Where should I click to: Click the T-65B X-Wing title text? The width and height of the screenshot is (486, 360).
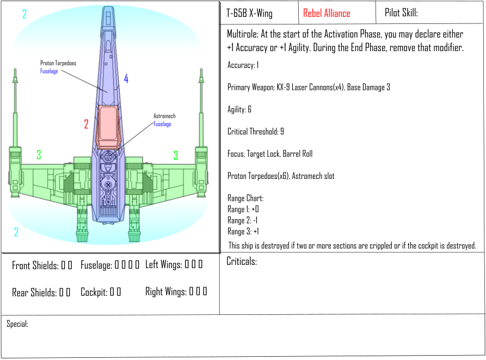point(249,14)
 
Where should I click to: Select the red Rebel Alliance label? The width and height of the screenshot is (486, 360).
point(327,14)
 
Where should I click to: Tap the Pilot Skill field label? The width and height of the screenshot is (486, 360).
point(401,13)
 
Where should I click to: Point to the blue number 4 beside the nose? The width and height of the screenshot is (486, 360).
point(126,79)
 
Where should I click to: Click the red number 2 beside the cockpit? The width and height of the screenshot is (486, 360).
point(86,125)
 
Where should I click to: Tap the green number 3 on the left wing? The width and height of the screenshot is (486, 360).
point(39,155)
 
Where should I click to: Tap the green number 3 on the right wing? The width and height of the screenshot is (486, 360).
point(176,156)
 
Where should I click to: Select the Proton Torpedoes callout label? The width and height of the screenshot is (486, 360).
point(58,64)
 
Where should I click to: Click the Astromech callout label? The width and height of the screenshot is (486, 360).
point(164,116)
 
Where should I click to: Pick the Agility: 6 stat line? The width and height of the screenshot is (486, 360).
point(239,109)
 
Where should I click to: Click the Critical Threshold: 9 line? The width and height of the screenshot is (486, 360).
point(255,132)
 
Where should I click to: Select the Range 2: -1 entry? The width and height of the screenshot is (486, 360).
point(243,220)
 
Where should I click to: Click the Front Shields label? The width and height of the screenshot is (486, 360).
point(35,265)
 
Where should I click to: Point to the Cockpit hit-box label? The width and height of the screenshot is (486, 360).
point(94,292)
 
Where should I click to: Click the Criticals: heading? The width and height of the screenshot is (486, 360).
point(242,262)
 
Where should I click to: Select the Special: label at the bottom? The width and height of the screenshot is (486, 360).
point(17,324)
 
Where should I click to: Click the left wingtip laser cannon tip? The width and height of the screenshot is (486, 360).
point(15,71)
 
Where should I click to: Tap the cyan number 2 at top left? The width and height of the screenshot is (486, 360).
point(24,14)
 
